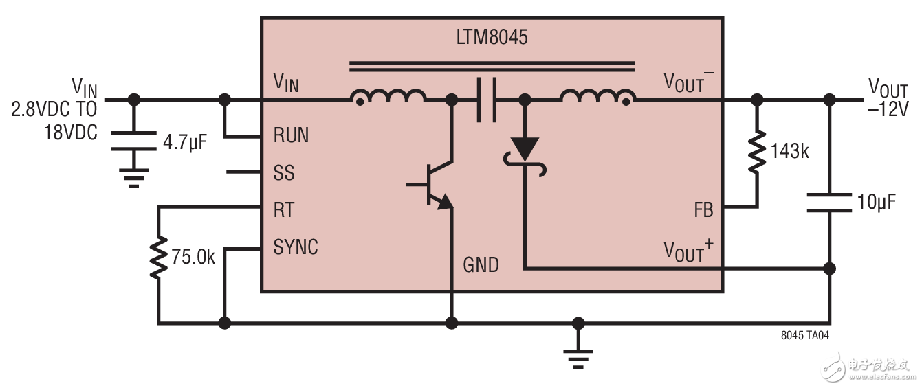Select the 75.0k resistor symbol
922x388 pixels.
[x=159, y=257]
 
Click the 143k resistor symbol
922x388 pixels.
[x=757, y=151]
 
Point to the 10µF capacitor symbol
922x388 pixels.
[x=830, y=202]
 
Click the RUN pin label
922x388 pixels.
[x=291, y=135]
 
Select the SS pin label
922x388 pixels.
[x=284, y=172]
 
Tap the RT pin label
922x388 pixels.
[x=284, y=209]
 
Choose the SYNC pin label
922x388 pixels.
[x=296, y=247]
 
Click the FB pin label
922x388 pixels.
[x=703, y=210]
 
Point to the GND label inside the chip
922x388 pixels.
[x=481, y=264]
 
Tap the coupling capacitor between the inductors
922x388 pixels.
[x=487, y=100]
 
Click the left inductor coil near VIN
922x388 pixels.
[x=388, y=98]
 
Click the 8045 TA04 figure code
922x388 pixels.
[x=804, y=335]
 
